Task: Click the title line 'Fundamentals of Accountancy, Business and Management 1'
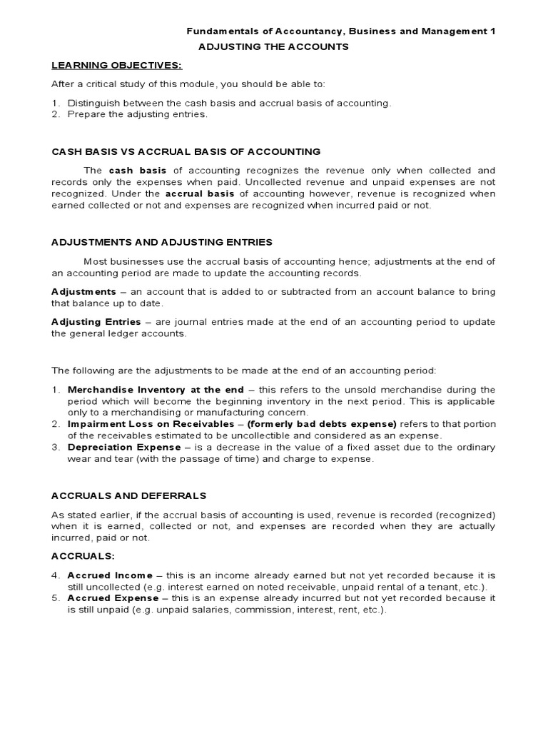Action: (x=340, y=31)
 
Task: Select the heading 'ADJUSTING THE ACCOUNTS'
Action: (x=273, y=46)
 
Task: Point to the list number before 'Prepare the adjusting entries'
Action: (x=55, y=114)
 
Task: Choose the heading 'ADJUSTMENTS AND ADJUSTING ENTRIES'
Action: (x=162, y=243)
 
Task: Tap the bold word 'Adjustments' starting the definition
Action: (x=83, y=292)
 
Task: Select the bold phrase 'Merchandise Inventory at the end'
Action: (x=156, y=389)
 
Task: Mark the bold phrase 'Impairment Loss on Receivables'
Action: (x=146, y=423)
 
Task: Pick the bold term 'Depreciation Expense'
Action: (x=123, y=447)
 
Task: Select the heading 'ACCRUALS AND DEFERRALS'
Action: (x=128, y=495)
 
